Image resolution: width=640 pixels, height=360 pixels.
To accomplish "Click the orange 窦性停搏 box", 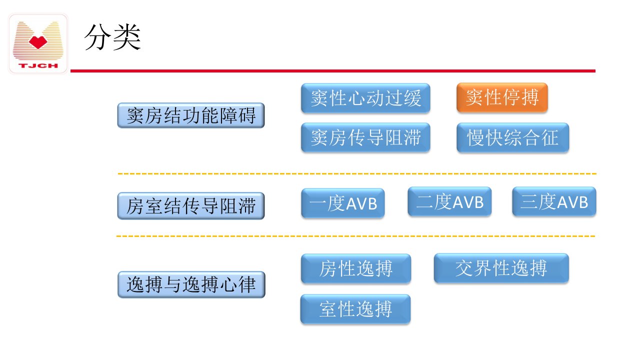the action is pyautogui.click(x=502, y=97).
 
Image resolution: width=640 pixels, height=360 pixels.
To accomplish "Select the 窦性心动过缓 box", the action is pyautogui.click(x=365, y=98).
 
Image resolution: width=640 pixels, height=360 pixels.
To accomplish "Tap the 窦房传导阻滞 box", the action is pyautogui.click(x=365, y=137).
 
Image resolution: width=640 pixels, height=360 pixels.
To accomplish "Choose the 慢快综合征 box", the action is pyautogui.click(x=512, y=137).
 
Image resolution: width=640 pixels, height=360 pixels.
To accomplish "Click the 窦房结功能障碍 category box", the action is pyautogui.click(x=191, y=115).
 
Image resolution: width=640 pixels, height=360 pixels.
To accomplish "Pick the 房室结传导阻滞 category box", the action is pyautogui.click(x=191, y=206).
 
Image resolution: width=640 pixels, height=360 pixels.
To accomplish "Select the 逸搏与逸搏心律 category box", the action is pyautogui.click(x=191, y=284).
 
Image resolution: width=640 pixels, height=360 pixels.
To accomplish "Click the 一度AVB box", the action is pyautogui.click(x=343, y=203).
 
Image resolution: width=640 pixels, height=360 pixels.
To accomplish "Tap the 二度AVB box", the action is pyautogui.click(x=449, y=201).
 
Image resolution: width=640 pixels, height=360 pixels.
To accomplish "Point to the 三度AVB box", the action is pyautogui.click(x=554, y=201).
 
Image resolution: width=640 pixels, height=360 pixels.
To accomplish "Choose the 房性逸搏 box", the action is pyautogui.click(x=356, y=268).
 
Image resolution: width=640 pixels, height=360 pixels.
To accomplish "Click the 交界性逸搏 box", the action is pyautogui.click(x=501, y=268).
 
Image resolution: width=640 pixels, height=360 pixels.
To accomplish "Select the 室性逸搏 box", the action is pyautogui.click(x=355, y=309).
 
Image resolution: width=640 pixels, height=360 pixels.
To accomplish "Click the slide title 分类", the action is pyautogui.click(x=112, y=37).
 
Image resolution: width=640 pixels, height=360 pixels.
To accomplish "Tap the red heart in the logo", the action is pyautogui.click(x=38, y=42).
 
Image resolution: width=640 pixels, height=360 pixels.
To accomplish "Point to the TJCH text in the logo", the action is pyautogui.click(x=38, y=65).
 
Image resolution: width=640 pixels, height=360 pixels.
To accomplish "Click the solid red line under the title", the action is pyautogui.click(x=333, y=71).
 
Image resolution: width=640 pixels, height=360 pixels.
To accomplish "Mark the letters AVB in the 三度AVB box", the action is pyautogui.click(x=572, y=202).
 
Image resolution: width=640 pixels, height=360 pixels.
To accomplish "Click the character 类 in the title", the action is pyautogui.click(x=127, y=37).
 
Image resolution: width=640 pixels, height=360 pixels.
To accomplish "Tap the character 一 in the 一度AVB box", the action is pyautogui.click(x=317, y=203).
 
